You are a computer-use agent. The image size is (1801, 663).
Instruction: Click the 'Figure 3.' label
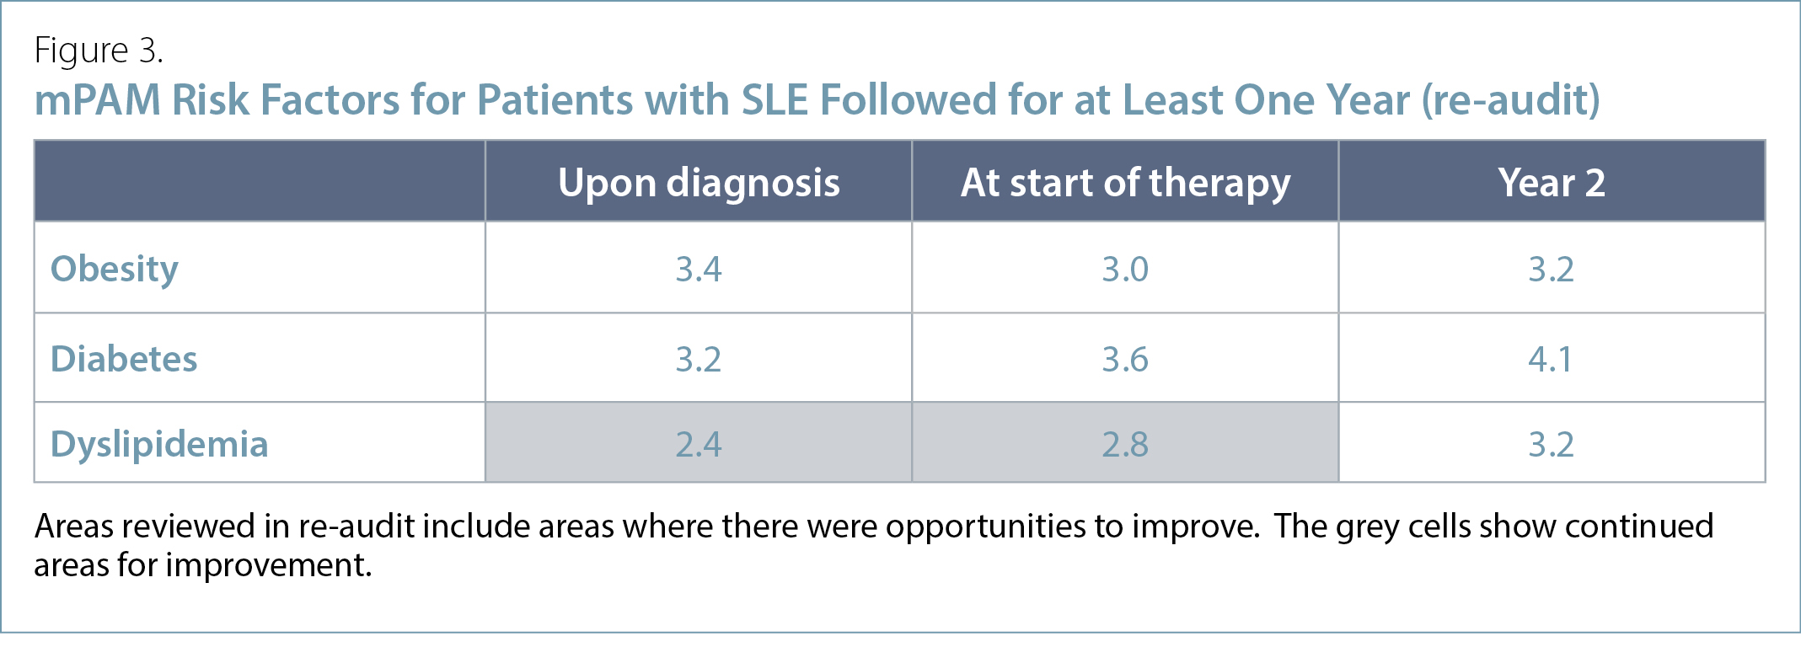99,51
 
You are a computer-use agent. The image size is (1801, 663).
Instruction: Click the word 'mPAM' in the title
97,100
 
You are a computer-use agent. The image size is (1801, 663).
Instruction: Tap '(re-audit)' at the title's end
1511,100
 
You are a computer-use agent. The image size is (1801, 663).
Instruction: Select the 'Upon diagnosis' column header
699,183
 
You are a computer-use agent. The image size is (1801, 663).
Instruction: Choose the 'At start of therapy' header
1126,183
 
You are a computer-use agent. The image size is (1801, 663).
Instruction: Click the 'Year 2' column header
1552,182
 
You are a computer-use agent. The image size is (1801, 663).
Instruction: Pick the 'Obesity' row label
115,270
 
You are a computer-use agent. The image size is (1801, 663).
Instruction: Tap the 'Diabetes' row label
124,359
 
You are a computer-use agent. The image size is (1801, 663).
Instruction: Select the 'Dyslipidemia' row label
159,444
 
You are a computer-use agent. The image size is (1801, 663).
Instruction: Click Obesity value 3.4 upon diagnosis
699,270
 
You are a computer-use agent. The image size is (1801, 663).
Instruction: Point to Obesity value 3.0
1125,270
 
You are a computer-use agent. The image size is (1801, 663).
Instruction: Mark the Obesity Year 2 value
1552,270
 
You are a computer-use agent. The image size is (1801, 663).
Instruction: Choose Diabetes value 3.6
1125,360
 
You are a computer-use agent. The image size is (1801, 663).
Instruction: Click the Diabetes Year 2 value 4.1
1551,360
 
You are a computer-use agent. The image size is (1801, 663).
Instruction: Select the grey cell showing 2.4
699,442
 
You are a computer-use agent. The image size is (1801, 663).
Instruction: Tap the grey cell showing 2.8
1125,442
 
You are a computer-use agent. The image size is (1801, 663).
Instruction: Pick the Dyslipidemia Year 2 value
1552,445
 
